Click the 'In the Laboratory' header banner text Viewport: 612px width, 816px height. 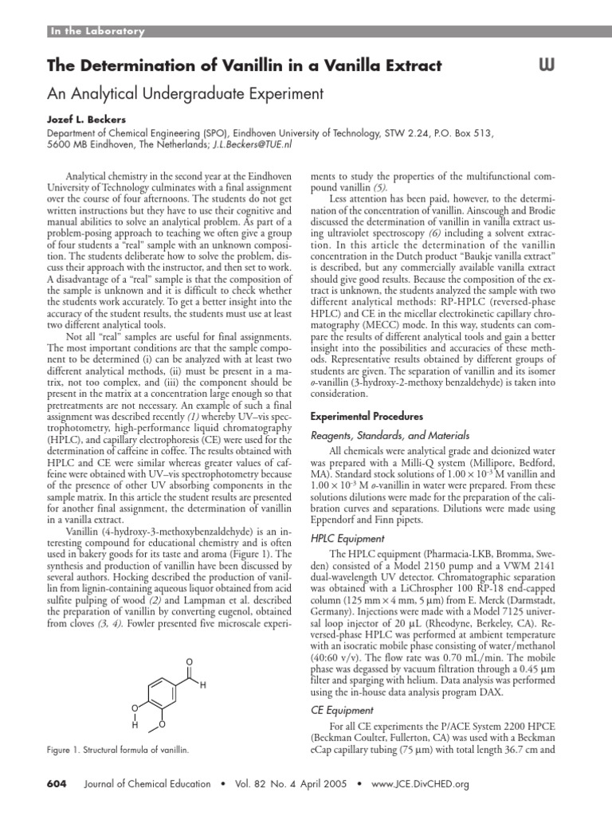pos(97,32)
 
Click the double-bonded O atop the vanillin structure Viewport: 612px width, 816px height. pos(189,661)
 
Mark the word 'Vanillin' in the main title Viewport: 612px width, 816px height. pos(234,65)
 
